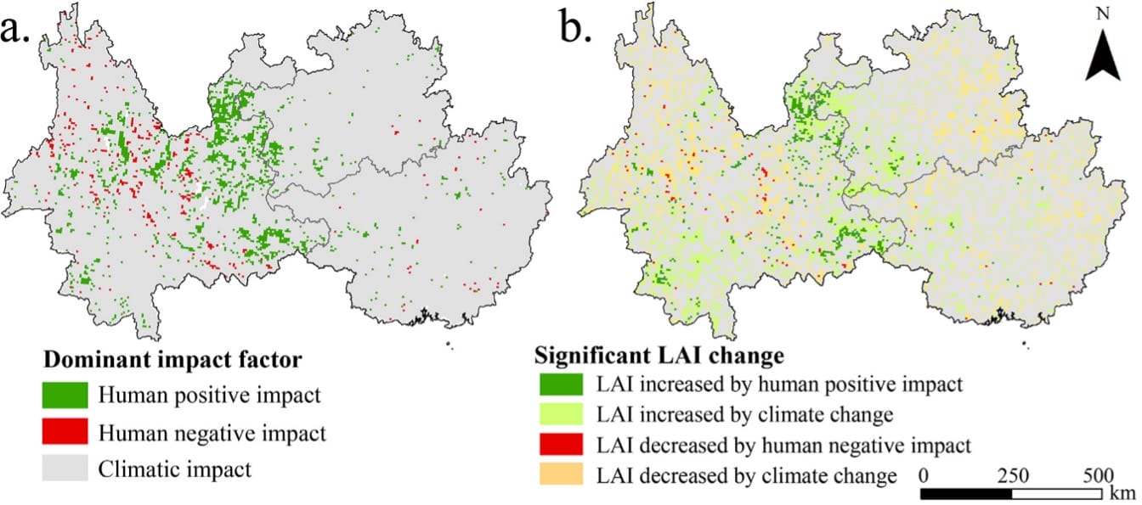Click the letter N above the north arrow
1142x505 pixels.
[1103, 14]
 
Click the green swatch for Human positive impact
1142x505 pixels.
[65, 396]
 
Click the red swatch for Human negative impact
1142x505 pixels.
[65, 433]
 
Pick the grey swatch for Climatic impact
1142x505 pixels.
[65, 469]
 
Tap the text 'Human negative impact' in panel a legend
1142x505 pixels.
[212, 433]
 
